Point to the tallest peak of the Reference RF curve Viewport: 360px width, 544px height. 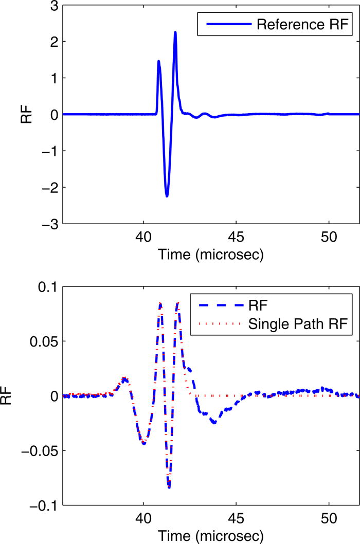175,32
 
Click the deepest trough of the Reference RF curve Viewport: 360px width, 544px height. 167,196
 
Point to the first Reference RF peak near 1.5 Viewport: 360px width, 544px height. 158,61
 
